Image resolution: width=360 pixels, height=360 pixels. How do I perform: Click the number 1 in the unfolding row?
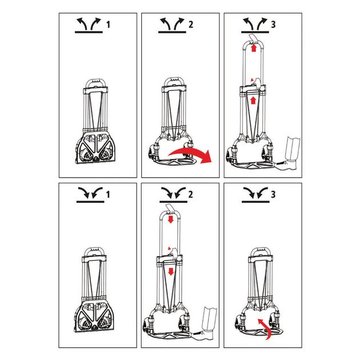109,25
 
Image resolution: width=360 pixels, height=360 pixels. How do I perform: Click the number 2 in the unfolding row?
191,25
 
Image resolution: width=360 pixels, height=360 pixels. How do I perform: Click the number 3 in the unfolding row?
273,25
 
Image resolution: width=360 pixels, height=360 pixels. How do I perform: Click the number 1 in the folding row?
108,195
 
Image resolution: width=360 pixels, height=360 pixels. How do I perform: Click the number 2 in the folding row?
190,195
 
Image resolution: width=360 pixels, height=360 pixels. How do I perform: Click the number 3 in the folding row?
273,195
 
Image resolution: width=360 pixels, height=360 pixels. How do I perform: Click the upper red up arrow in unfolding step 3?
254,48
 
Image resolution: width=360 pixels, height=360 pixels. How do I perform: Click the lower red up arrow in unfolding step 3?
253,101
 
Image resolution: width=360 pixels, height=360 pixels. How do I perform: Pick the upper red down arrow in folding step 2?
171,219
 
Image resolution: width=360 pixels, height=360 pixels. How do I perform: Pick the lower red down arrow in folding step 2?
171,271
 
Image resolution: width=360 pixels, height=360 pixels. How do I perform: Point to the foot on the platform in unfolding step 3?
289,165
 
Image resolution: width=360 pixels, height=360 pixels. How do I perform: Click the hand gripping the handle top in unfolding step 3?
254,38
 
